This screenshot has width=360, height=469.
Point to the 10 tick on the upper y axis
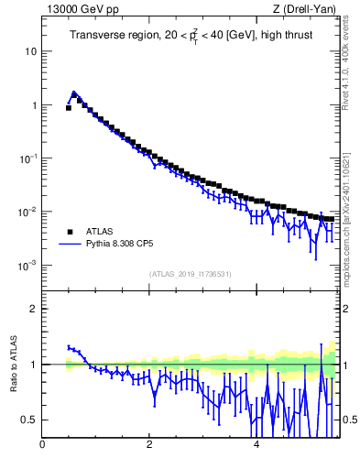click(31, 51)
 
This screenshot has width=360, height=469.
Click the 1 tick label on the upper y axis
click(34, 105)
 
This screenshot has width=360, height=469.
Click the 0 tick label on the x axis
click(42, 446)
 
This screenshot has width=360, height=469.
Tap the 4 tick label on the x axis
click(256, 446)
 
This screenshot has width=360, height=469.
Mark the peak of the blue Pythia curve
click(73, 93)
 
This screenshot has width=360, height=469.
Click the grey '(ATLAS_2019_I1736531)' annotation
click(190, 274)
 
